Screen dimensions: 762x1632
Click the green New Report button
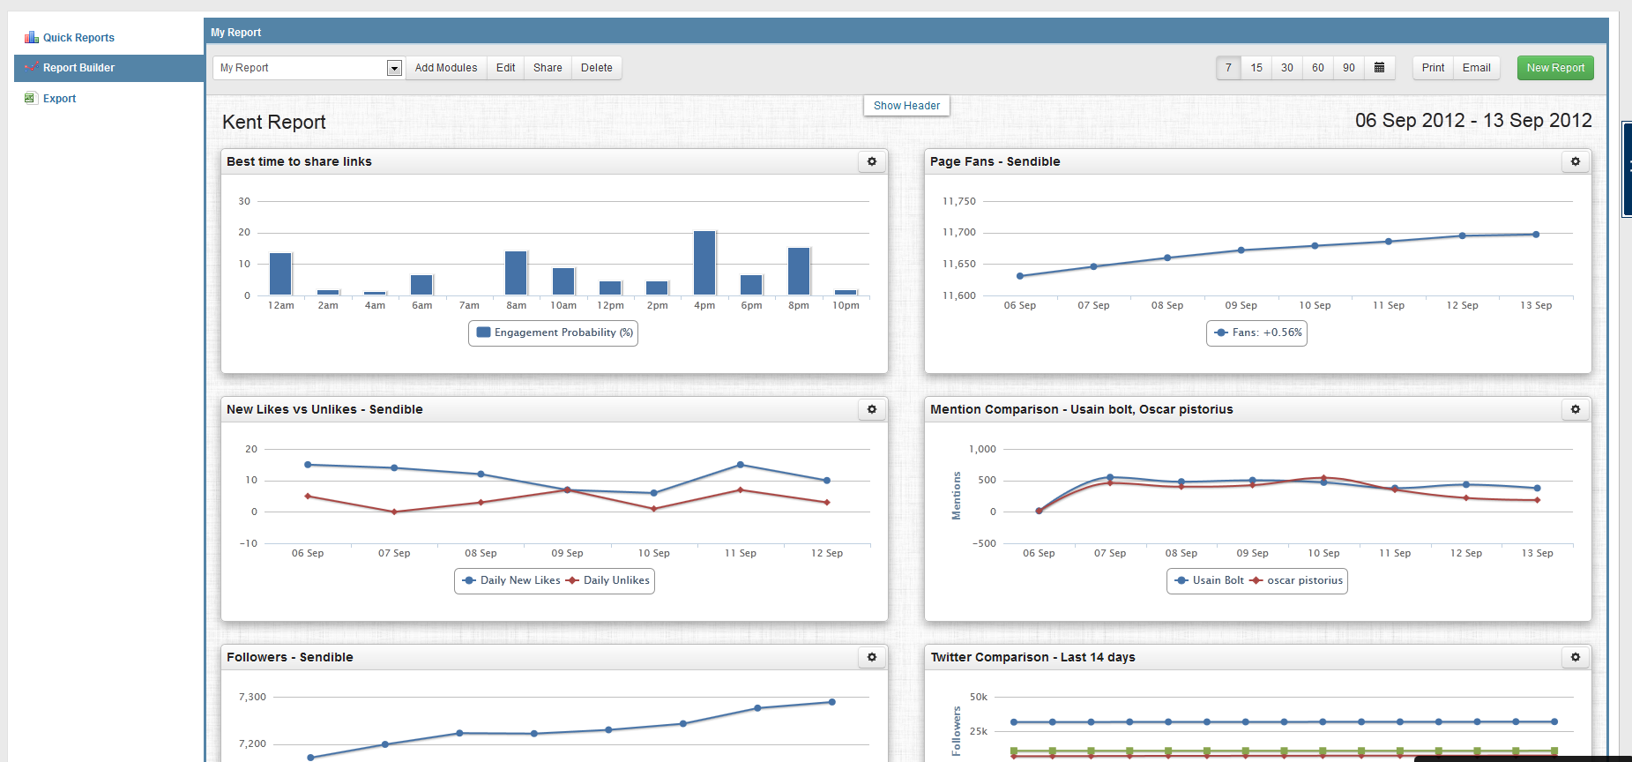point(1555,68)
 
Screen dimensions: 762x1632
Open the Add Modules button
point(445,68)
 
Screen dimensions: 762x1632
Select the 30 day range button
point(1287,68)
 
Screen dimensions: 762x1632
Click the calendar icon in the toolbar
point(1380,68)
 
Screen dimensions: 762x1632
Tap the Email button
point(1476,68)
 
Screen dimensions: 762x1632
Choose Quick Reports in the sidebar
point(78,38)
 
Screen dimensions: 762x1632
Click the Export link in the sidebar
point(59,99)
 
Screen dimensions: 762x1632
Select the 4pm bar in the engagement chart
point(704,263)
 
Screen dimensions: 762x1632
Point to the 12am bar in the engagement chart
point(280,274)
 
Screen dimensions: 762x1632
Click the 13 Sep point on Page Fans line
point(1536,235)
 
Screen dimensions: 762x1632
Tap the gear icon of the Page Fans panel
point(1576,161)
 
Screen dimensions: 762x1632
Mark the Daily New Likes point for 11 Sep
point(740,465)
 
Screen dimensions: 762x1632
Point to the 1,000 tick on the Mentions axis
point(982,449)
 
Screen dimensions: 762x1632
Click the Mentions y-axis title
point(957,496)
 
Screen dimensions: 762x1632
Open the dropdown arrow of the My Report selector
point(394,68)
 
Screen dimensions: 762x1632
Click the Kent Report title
point(274,123)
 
